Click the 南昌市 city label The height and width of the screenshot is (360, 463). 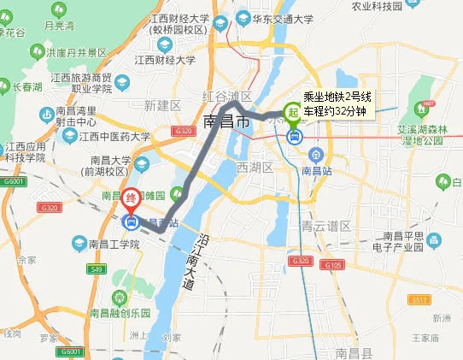[227, 122]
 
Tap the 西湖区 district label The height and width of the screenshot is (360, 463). [254, 167]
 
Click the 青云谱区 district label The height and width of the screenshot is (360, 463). [326, 227]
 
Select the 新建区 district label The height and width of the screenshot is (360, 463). [161, 105]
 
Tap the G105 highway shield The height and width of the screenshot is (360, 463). [334, 266]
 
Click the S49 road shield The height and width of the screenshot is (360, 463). [96, 269]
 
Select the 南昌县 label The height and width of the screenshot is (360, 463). [354, 352]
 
